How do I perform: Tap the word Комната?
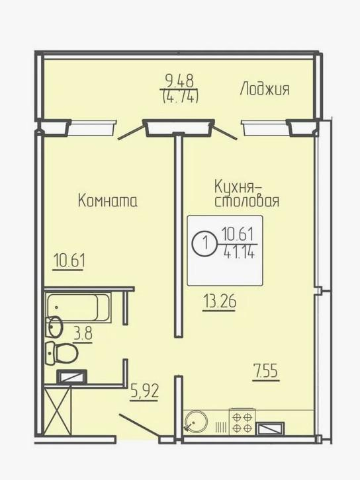pyautogui.click(x=108, y=200)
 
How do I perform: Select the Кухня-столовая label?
pyautogui.click(x=246, y=193)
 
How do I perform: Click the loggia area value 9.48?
pyautogui.click(x=181, y=82)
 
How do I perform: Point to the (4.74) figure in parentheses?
pyautogui.click(x=181, y=96)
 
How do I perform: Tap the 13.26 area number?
pyautogui.click(x=219, y=303)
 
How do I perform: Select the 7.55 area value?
pyautogui.click(x=265, y=370)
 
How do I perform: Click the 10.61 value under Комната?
pyautogui.click(x=69, y=260)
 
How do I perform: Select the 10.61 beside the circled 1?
pyautogui.click(x=239, y=234)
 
